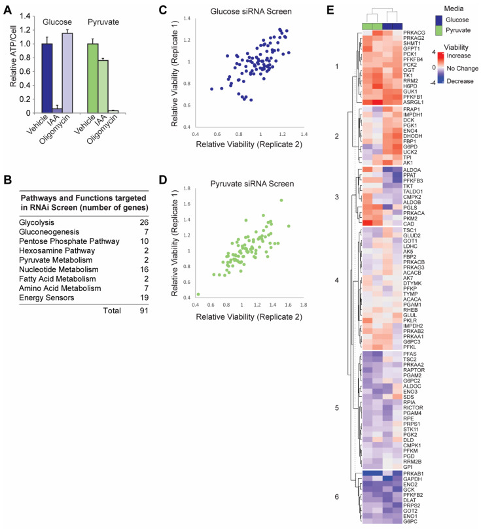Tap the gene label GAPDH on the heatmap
click(x=415, y=461)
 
